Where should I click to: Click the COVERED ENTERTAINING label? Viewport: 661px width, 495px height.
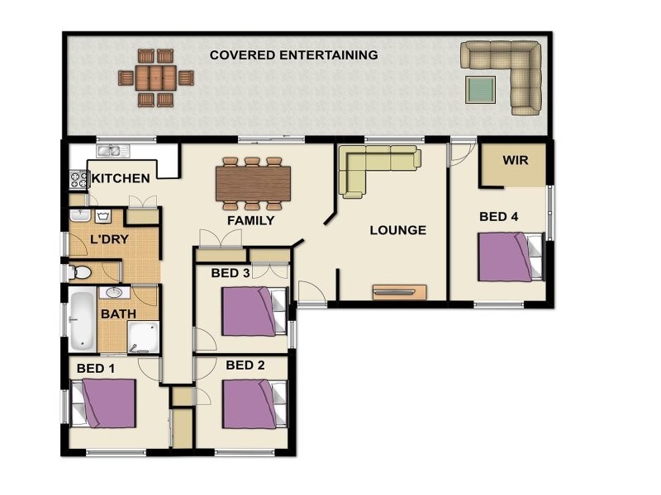(x=293, y=55)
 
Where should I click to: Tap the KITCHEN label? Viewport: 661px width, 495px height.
(x=121, y=178)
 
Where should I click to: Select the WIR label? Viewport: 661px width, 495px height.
(x=515, y=160)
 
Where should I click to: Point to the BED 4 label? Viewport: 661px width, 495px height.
(x=499, y=217)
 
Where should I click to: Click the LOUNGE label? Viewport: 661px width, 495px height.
(x=398, y=230)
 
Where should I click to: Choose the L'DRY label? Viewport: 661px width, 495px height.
(x=109, y=239)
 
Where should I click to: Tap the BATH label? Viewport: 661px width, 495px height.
(x=118, y=314)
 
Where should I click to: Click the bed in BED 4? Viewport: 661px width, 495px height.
(x=511, y=257)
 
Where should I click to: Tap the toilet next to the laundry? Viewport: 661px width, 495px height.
(x=80, y=273)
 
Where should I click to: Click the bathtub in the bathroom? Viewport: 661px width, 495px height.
(x=83, y=321)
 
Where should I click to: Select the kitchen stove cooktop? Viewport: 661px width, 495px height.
(x=78, y=179)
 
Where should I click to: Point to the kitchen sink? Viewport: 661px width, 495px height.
(x=113, y=151)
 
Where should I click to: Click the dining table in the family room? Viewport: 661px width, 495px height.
(x=254, y=183)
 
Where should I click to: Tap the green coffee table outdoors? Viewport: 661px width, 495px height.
(x=481, y=89)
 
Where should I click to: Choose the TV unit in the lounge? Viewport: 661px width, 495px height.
(x=400, y=292)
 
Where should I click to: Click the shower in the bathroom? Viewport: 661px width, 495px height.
(x=143, y=337)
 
